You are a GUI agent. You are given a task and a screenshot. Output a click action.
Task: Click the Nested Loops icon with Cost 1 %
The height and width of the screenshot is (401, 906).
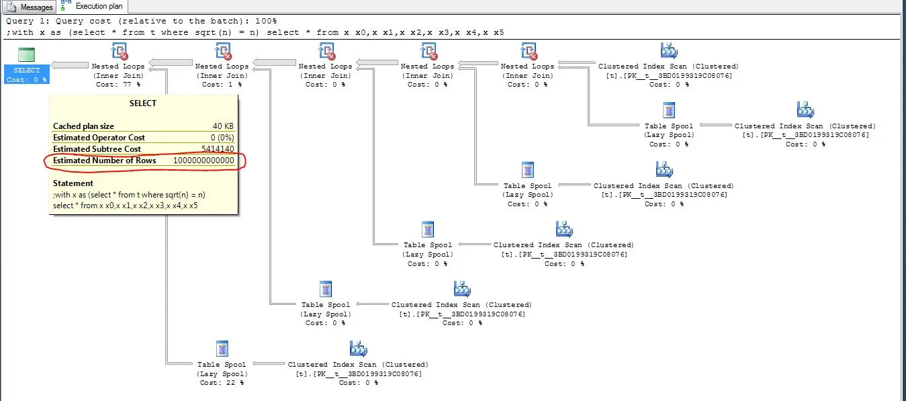pyautogui.click(x=223, y=51)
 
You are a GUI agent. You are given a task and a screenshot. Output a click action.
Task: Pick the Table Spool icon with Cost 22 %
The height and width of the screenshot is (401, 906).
pyautogui.click(x=222, y=349)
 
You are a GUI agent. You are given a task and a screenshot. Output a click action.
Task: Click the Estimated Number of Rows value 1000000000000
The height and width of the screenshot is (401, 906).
pyautogui.click(x=203, y=161)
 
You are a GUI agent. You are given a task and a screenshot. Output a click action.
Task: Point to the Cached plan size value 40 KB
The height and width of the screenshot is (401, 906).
pyautogui.click(x=224, y=126)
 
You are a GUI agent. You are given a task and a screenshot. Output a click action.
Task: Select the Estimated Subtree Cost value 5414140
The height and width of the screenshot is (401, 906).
pyautogui.click(x=218, y=149)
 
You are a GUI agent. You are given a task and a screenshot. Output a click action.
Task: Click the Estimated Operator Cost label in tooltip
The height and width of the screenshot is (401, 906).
pyautogui.click(x=99, y=138)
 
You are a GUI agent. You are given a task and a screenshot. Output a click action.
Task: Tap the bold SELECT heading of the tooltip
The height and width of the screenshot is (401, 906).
pyautogui.click(x=142, y=103)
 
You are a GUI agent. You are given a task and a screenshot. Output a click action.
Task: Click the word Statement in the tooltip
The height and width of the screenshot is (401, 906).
pyautogui.click(x=73, y=183)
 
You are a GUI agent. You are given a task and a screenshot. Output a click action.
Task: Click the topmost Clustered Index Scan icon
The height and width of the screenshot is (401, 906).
pyautogui.click(x=668, y=51)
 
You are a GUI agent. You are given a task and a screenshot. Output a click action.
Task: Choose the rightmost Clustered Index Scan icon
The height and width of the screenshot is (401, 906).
pyautogui.click(x=805, y=110)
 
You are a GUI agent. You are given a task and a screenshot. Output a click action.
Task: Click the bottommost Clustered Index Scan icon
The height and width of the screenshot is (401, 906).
pyautogui.click(x=358, y=349)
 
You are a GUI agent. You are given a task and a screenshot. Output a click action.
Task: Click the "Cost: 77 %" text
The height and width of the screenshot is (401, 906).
pyautogui.click(x=118, y=85)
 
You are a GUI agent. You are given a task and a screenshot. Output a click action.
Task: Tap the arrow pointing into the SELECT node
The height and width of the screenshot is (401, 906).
pyautogui.click(x=66, y=64)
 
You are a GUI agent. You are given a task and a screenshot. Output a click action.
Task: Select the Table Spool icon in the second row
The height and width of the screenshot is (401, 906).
pyautogui.click(x=668, y=111)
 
